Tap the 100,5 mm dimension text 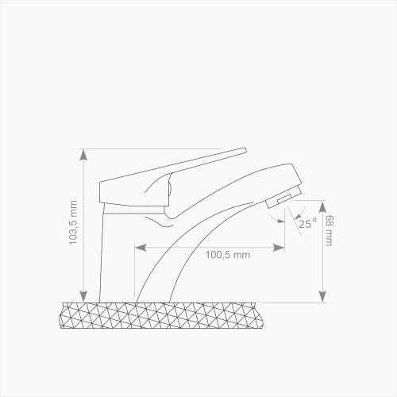click(x=229, y=255)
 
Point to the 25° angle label click(x=307, y=224)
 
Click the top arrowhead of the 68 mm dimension click(x=323, y=201)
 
